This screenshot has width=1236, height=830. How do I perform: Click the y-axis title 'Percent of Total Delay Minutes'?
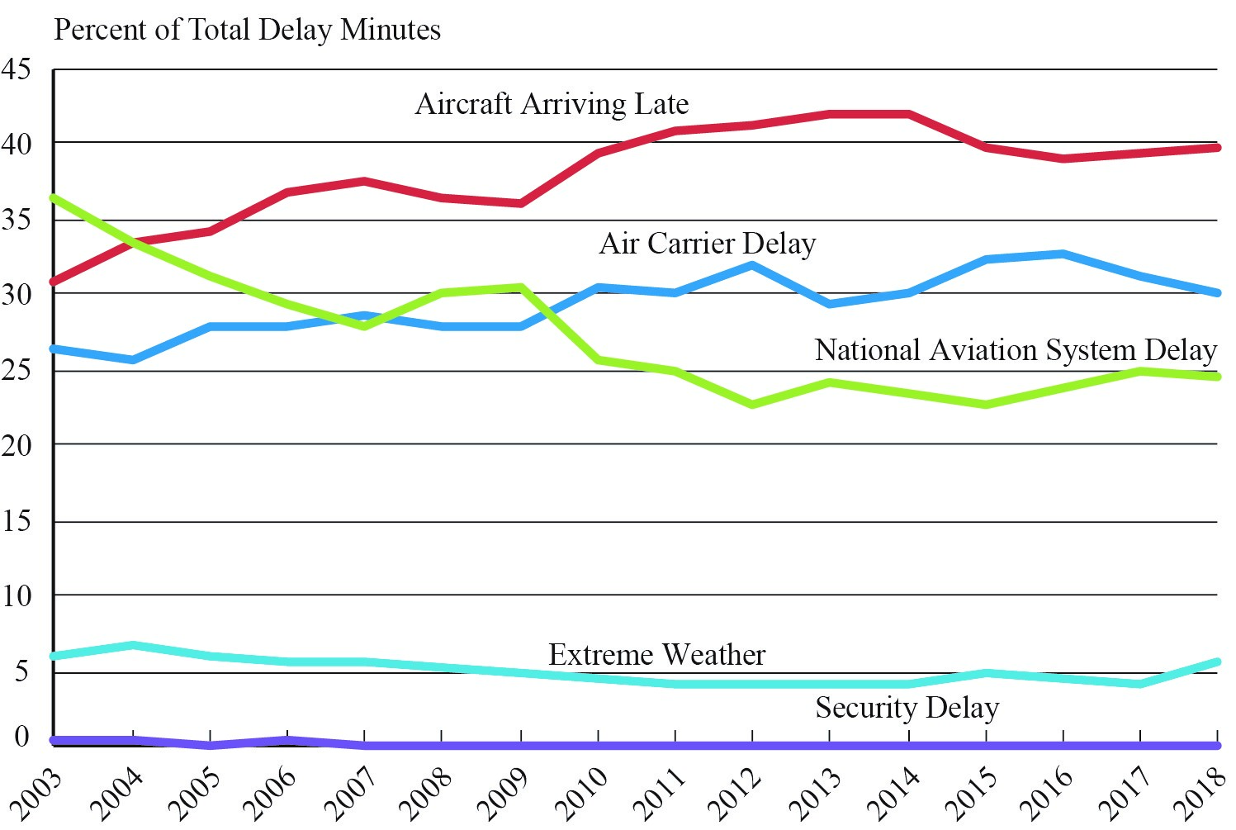(x=247, y=30)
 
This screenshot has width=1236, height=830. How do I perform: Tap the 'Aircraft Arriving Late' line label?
(x=552, y=104)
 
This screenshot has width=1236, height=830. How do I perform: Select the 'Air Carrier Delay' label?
(x=708, y=244)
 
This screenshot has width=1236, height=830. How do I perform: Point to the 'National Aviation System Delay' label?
(x=1016, y=350)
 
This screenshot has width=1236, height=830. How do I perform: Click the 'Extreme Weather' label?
(x=656, y=655)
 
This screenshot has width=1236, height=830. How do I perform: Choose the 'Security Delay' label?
(x=907, y=708)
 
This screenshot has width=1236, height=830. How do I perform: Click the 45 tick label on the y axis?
(x=17, y=69)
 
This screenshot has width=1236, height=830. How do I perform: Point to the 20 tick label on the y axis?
(x=17, y=445)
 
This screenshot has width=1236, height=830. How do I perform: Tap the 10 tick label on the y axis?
(x=17, y=595)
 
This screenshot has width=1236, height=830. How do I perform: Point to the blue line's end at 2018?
(x=1216, y=292)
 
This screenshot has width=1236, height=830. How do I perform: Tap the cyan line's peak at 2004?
(x=132, y=645)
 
